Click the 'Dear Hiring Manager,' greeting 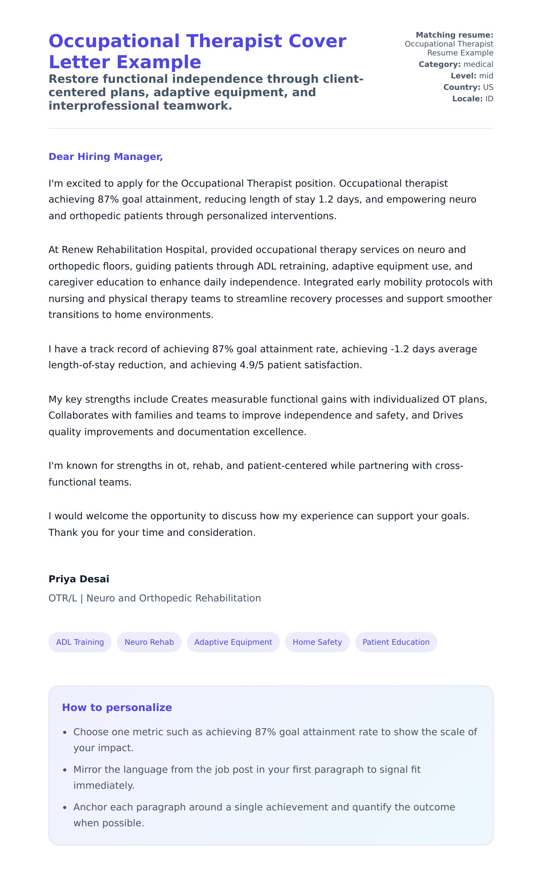(x=106, y=156)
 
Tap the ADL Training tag (x=80, y=642)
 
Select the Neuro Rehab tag (x=149, y=642)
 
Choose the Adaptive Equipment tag (x=233, y=642)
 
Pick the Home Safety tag (x=317, y=642)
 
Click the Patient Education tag (x=396, y=642)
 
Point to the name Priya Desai (x=79, y=579)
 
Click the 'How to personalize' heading (x=117, y=707)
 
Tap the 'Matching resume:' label (x=454, y=35)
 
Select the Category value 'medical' (x=478, y=64)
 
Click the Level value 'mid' (x=486, y=76)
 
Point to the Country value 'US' (x=488, y=87)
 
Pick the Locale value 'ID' (x=489, y=99)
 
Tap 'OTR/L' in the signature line (x=63, y=598)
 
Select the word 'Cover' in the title (x=317, y=41)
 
